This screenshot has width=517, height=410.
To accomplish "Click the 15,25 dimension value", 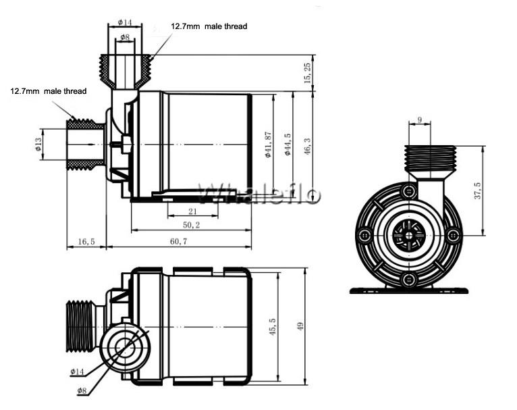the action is [x=307, y=73].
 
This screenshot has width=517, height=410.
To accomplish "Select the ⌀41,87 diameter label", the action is [x=268, y=145].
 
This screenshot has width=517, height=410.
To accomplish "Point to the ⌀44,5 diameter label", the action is [x=288, y=145].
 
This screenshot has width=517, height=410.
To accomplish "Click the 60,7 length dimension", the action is [x=179, y=241].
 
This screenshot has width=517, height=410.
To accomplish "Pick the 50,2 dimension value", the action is [x=191, y=225].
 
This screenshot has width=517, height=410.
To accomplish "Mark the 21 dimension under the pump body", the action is [x=192, y=211].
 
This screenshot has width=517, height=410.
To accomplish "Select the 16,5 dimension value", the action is [x=86, y=241].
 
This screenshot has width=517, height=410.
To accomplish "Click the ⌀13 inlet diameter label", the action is [x=38, y=145].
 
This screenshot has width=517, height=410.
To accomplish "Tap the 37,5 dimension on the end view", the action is [x=477, y=190].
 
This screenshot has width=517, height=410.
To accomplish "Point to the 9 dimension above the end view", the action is [x=419, y=120].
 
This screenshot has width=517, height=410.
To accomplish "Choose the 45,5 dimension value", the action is [x=273, y=327].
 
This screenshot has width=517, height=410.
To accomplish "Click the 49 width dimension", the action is [x=300, y=326].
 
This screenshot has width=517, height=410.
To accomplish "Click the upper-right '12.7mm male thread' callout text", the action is [x=209, y=26].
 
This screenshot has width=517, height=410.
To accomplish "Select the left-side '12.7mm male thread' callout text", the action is [x=49, y=91].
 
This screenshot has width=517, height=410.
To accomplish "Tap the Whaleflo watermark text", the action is [x=259, y=194].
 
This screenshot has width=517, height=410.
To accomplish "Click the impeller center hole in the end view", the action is [x=409, y=236].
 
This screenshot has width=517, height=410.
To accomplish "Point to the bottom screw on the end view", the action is [x=409, y=280].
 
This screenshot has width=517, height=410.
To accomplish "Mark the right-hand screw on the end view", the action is [x=454, y=236].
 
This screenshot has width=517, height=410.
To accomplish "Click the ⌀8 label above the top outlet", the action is [x=125, y=37].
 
